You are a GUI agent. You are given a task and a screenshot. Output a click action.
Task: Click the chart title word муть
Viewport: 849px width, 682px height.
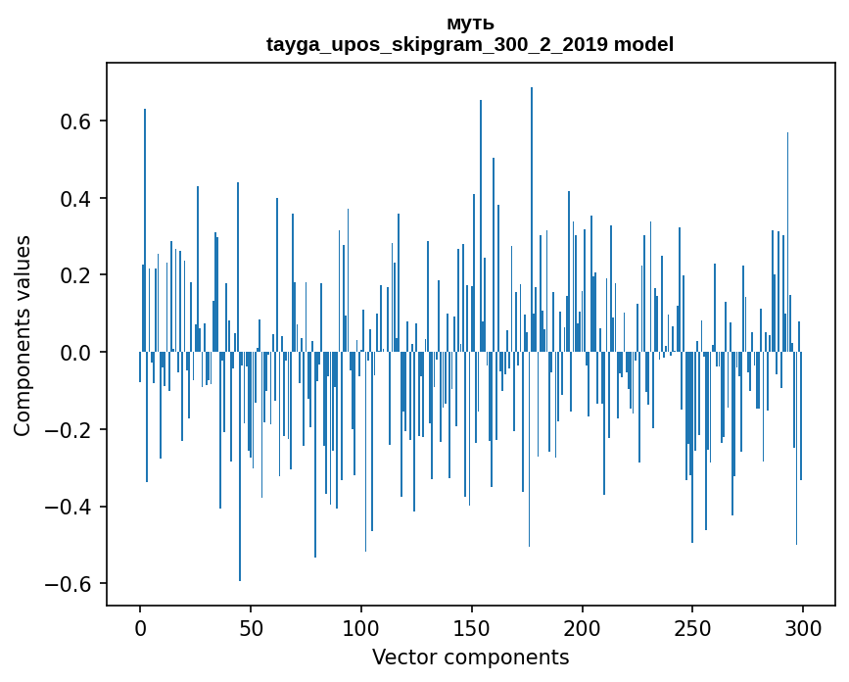pyautogui.click(x=470, y=24)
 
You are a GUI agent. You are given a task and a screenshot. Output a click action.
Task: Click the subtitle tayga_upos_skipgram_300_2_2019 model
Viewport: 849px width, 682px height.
pyautogui.click(x=470, y=44)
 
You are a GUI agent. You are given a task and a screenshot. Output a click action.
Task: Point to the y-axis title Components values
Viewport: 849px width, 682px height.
pyautogui.click(x=22, y=335)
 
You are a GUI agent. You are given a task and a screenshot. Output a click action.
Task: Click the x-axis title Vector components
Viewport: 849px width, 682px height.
pyautogui.click(x=470, y=657)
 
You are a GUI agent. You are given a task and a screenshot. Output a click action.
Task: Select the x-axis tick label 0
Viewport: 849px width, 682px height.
pyautogui.click(x=140, y=627)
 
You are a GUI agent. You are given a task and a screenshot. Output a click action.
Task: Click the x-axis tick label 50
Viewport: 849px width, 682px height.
pyautogui.click(x=251, y=627)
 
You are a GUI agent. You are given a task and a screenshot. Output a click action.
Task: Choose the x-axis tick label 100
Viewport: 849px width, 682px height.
pyautogui.click(x=361, y=627)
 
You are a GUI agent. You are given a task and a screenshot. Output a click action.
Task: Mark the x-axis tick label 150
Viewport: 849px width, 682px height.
pyautogui.click(x=472, y=627)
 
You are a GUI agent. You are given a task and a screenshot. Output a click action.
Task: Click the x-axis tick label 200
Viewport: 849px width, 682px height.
pyautogui.click(x=583, y=627)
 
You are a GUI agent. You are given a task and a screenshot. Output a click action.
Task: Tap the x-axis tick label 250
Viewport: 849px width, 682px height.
pyautogui.click(x=692, y=627)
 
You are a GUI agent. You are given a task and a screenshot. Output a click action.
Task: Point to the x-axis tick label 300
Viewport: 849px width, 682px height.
pyautogui.click(x=803, y=627)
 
